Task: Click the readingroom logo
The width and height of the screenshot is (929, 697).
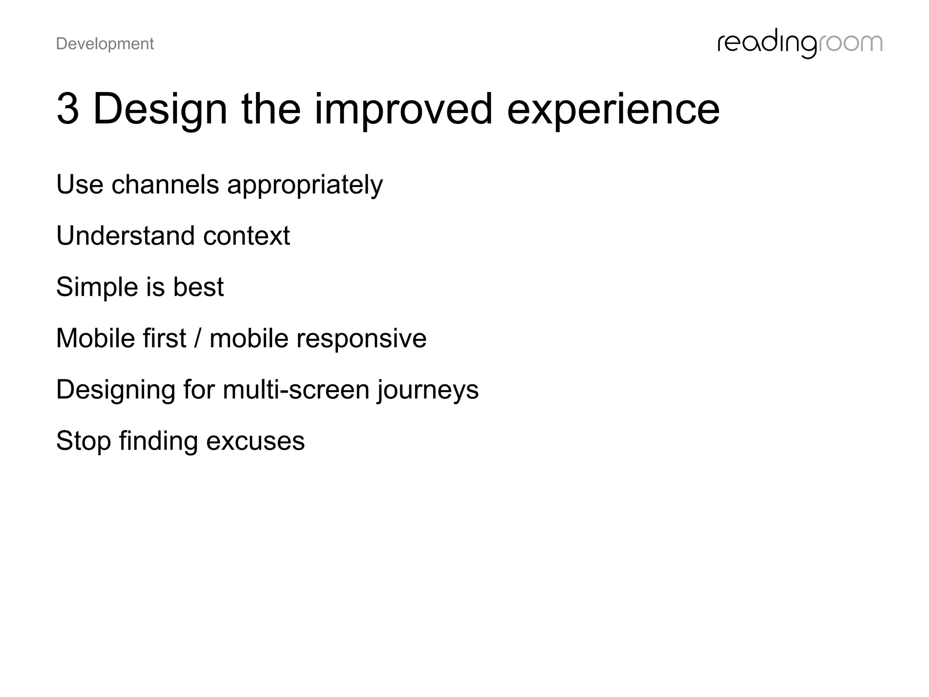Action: tap(799, 44)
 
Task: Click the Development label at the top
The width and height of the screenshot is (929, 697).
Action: tap(105, 44)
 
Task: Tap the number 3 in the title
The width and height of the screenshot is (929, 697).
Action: tap(68, 109)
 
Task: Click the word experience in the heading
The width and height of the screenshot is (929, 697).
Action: tap(613, 109)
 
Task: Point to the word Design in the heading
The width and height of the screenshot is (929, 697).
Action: tap(160, 109)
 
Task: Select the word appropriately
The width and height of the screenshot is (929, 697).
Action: tap(305, 185)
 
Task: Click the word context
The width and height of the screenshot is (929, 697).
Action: tap(246, 236)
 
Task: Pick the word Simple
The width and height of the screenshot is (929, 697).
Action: tap(97, 287)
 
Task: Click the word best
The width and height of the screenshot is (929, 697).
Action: tap(198, 287)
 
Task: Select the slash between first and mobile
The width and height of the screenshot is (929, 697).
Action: tap(197, 339)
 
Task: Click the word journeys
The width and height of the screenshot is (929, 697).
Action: tap(428, 390)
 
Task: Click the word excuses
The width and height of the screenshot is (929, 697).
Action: tap(255, 441)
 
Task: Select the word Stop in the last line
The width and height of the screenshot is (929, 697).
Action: tap(83, 441)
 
